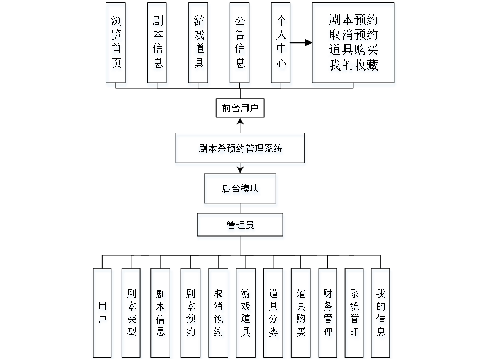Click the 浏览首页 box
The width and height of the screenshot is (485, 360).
click(x=116, y=45)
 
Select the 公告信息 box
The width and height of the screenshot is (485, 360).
click(x=240, y=45)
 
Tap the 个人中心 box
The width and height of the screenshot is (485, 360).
click(x=282, y=45)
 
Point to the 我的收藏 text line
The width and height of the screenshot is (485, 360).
click(x=353, y=66)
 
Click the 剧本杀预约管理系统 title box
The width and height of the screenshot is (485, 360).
click(x=240, y=150)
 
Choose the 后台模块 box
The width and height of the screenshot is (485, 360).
click(x=240, y=190)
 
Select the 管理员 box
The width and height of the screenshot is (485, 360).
click(x=240, y=227)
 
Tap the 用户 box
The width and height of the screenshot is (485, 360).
click(x=103, y=313)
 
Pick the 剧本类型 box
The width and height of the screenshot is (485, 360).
click(x=132, y=313)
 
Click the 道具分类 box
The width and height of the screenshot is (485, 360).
click(x=274, y=313)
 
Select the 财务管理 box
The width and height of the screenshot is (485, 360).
click(x=329, y=313)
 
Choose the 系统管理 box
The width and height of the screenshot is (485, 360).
click(x=355, y=313)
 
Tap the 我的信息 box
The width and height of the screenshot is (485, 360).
click(x=381, y=313)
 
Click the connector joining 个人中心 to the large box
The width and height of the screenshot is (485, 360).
click(x=301, y=42)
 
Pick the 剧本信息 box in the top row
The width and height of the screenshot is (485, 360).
click(x=158, y=45)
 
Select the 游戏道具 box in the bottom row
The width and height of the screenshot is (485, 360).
click(x=246, y=313)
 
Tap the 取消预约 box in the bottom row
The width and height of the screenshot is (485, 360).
click(x=219, y=313)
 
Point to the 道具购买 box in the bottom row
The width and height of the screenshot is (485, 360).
click(x=301, y=313)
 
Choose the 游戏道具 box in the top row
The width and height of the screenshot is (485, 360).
click(x=199, y=45)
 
